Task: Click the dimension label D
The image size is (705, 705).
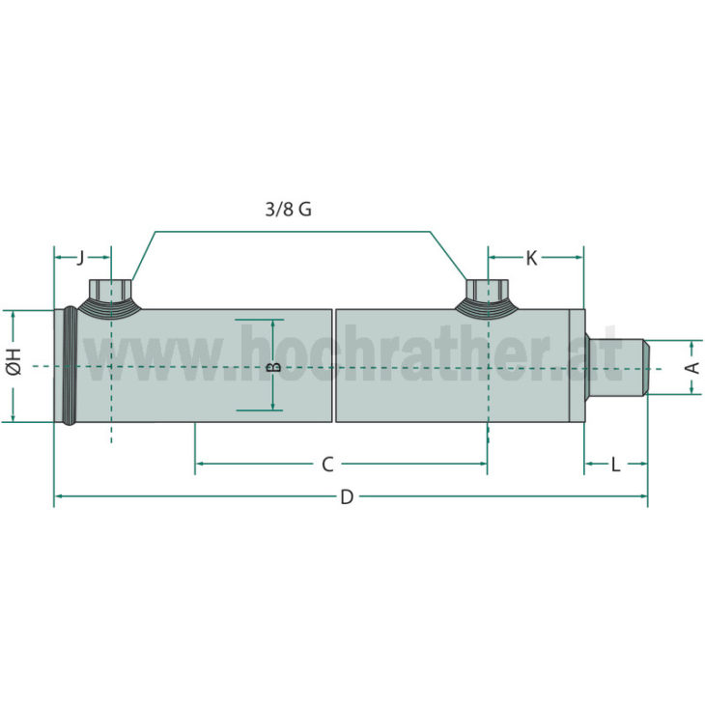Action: (347, 497)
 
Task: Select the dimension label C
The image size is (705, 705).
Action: (327, 465)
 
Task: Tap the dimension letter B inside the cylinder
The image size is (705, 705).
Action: (272, 367)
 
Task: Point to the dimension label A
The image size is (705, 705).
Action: (691, 367)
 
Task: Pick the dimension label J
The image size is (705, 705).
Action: (80, 257)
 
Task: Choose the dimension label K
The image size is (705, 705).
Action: (531, 258)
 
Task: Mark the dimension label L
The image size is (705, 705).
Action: (615, 465)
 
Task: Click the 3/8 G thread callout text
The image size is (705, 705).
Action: (289, 210)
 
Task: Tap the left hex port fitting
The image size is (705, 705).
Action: (110, 290)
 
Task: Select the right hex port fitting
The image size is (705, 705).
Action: (487, 290)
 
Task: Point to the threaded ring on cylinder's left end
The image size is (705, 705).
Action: (70, 366)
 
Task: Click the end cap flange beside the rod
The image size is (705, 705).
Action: (577, 366)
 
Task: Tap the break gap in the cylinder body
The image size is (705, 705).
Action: (334, 366)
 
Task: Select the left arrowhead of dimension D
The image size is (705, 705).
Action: (58, 496)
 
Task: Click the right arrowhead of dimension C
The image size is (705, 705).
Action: (482, 465)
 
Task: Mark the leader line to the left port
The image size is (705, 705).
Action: (143, 255)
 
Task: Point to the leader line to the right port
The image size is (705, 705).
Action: (446, 255)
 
